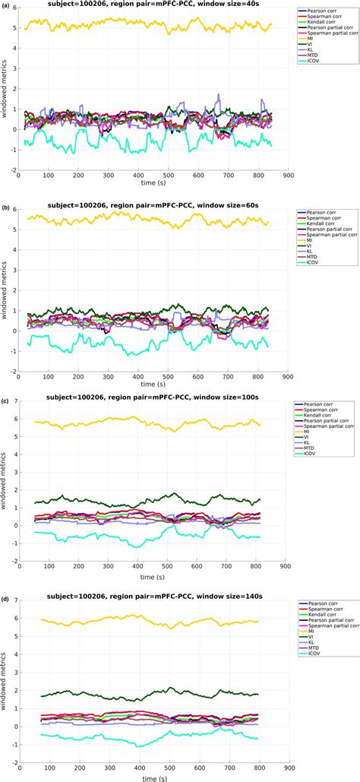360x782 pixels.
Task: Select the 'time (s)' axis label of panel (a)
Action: tap(152, 182)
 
